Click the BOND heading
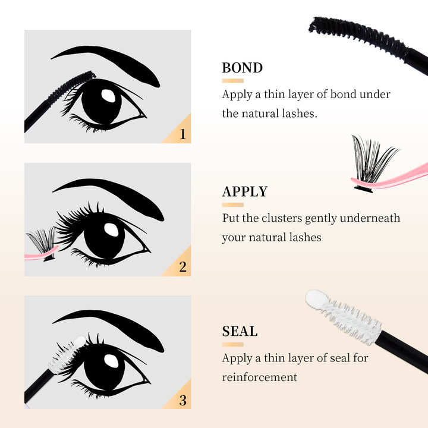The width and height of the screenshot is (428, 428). [x=242, y=68]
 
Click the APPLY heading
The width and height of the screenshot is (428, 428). [x=245, y=192]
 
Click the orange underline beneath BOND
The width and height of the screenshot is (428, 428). [x=232, y=80]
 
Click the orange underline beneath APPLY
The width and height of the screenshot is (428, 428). [x=232, y=205]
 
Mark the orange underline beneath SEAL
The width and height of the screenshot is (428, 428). [x=232, y=344]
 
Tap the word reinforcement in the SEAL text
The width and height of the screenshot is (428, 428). [x=259, y=377]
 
